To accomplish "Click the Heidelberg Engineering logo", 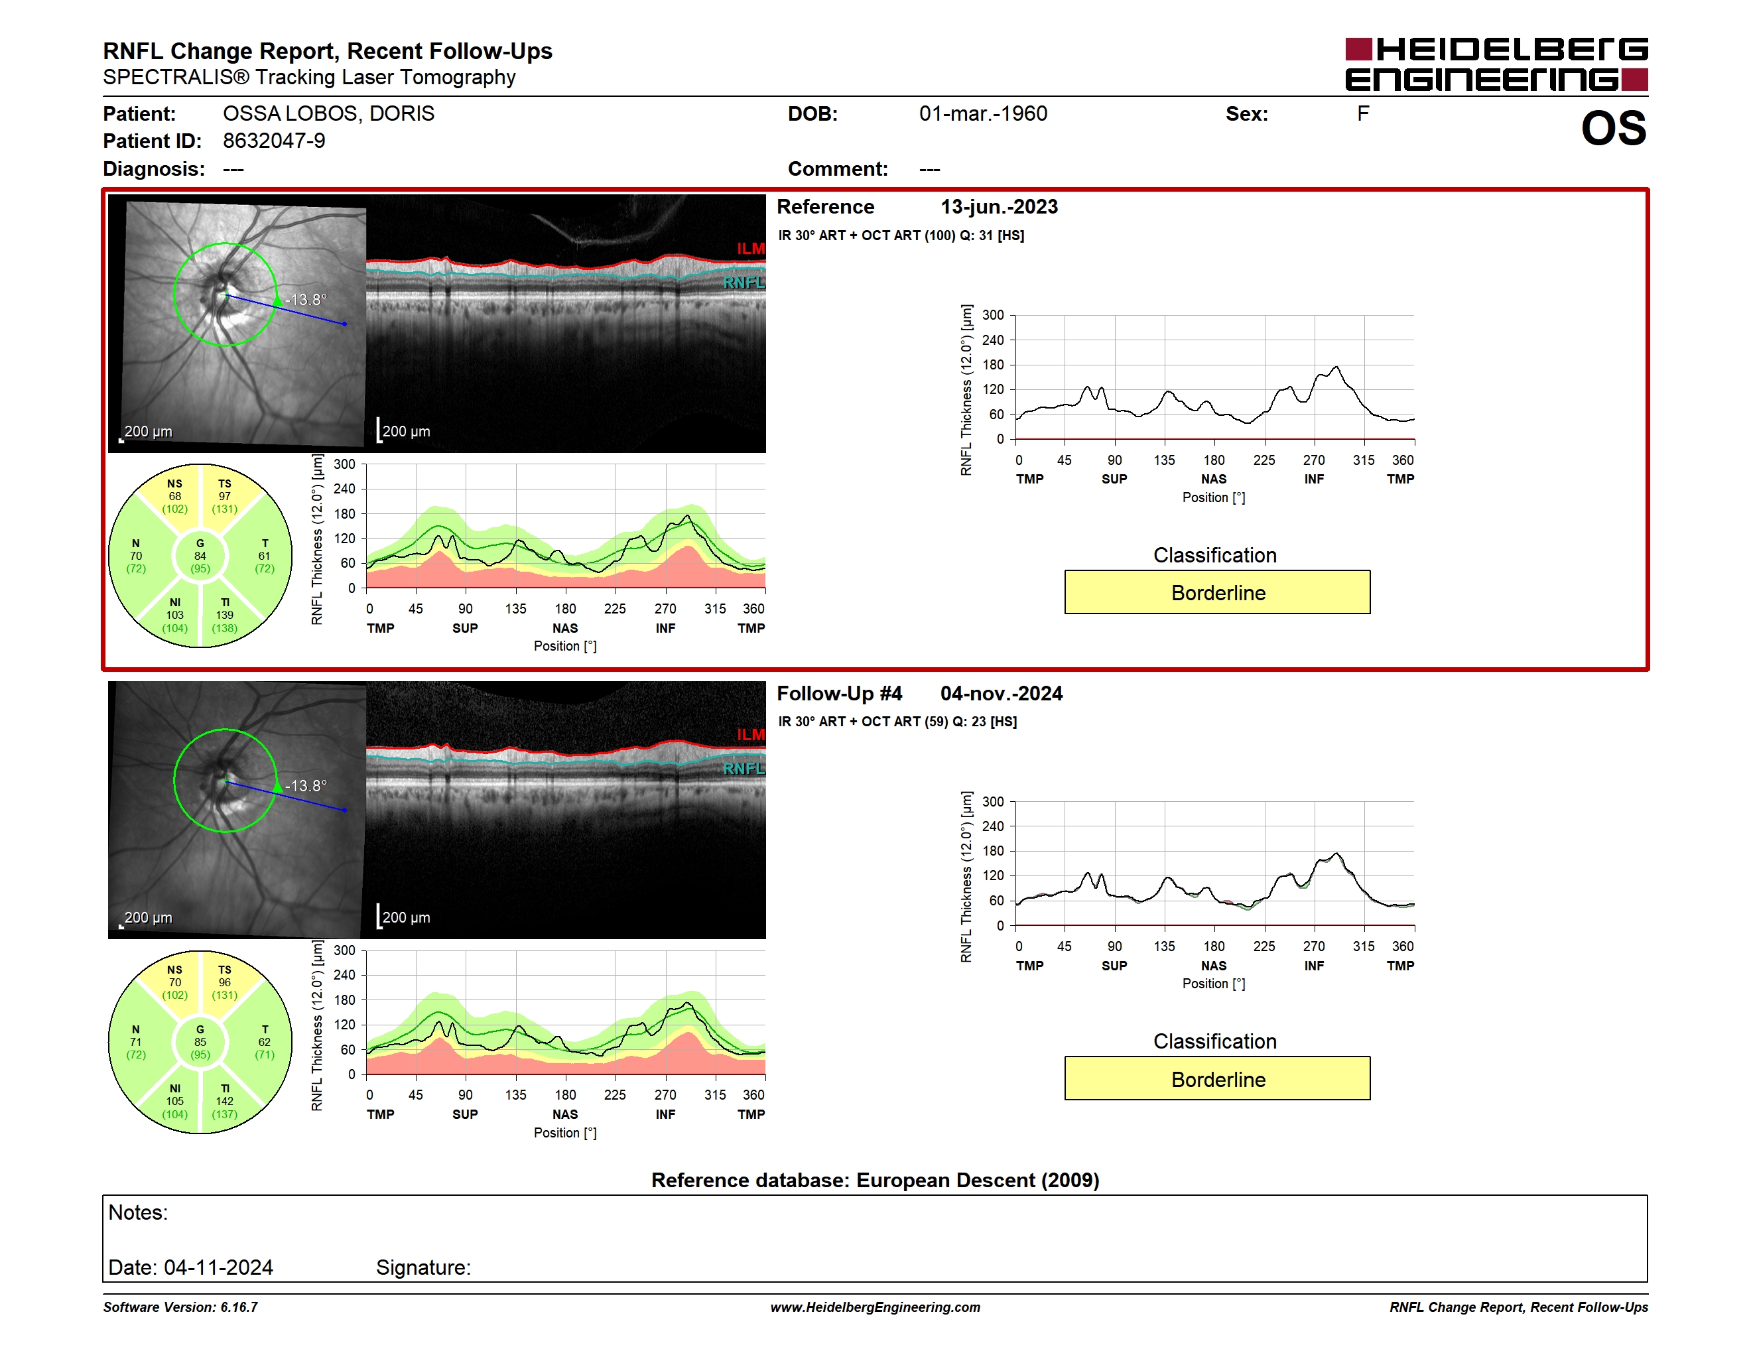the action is [x=1496, y=64].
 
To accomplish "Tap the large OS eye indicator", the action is [x=1613, y=128].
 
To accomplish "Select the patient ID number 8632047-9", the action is [x=274, y=141].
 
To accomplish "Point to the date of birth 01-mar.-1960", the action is [x=983, y=114].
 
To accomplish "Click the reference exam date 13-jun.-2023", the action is [x=999, y=207].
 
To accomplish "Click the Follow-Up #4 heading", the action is [x=840, y=693].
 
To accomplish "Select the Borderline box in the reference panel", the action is [x=1217, y=592].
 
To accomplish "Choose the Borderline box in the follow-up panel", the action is [x=1217, y=1079].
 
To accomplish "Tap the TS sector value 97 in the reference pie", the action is [x=224, y=496].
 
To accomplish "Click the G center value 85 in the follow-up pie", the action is [x=200, y=1042].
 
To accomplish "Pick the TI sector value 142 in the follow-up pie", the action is [x=224, y=1102].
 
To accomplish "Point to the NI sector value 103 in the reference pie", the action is [x=175, y=615].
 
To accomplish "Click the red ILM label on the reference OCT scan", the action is [x=750, y=249].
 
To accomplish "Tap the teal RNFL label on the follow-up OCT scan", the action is [x=744, y=769].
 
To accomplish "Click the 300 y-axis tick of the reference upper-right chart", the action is [x=992, y=315].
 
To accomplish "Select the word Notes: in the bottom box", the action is [x=138, y=1213].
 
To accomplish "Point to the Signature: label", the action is [x=423, y=1268].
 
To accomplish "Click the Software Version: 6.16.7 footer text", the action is [x=180, y=1307].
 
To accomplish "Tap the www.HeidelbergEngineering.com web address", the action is [x=875, y=1307].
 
